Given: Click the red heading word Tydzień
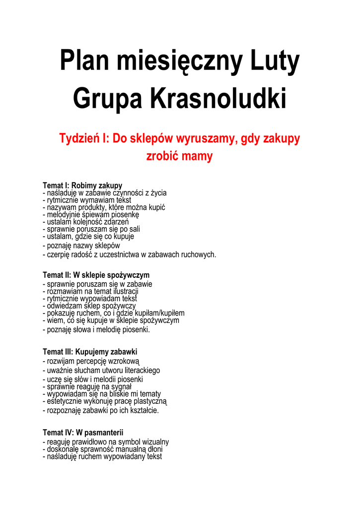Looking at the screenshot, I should pyautogui.click(x=79, y=138).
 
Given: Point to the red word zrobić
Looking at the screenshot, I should pyautogui.click(x=162, y=156).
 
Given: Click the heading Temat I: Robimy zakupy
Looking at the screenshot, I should pyautogui.click(x=82, y=186).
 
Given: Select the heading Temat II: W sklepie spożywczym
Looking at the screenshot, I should pyautogui.click(x=96, y=275).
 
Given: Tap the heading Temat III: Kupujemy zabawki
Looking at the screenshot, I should pyautogui.click(x=90, y=352).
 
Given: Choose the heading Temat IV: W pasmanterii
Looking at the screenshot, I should pyautogui.click(x=83, y=432).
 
